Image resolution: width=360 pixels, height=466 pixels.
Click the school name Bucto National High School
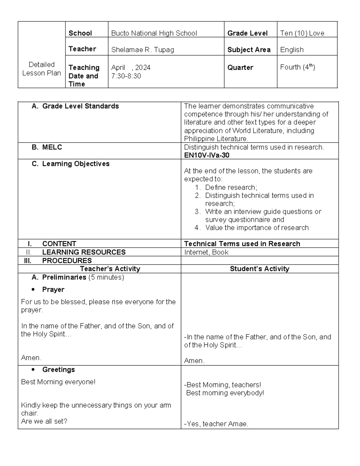pos(154,33)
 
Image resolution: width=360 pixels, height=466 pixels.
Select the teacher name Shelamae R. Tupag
pos(142,50)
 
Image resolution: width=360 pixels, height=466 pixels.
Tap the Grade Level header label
pos(247,33)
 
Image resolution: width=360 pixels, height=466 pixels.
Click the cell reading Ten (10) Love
pos(302,33)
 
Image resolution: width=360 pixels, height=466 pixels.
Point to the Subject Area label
pos(249,50)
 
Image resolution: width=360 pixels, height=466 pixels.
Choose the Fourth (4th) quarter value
pos(297,67)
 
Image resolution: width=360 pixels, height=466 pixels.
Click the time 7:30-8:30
pos(126,76)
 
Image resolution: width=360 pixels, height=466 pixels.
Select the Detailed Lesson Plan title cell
pos(41,69)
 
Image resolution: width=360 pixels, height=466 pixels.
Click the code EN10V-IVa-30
pos(207,155)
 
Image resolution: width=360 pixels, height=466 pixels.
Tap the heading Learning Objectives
pos(76,164)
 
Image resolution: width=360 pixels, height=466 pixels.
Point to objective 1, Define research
pos(231,188)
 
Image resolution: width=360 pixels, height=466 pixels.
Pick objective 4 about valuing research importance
pos(256,228)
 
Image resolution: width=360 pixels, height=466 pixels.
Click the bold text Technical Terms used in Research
pos(242,244)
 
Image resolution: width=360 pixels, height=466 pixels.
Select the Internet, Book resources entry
pos(206,252)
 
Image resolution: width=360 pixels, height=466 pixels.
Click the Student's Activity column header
pos(259,269)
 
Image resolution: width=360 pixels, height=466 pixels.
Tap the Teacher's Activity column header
pos(110,269)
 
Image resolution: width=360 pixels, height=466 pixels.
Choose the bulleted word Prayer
pos(53,290)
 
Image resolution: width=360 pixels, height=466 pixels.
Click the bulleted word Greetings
pos(58,370)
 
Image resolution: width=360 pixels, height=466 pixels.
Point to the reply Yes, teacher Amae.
pos(216,424)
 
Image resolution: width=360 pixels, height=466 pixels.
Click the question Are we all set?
pos(44,421)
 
